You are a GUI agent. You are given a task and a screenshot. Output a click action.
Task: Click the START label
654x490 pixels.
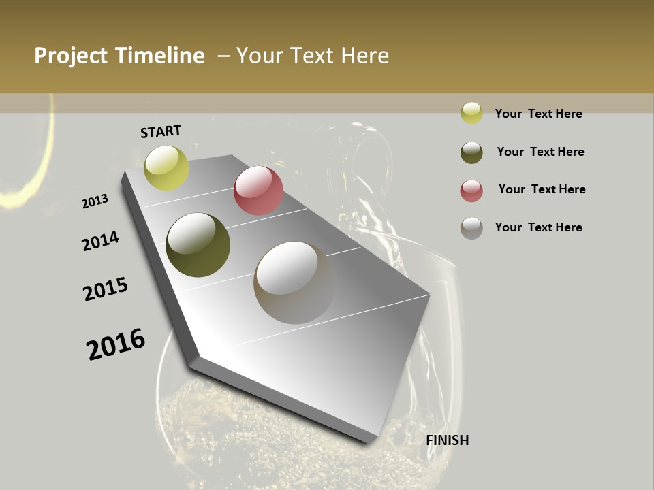tap(161, 131)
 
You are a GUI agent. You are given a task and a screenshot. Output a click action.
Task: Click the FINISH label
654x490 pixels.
tap(448, 440)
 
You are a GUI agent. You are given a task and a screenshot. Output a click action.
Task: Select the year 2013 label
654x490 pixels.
tap(95, 201)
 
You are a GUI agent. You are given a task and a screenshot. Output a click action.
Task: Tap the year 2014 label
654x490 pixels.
tap(101, 242)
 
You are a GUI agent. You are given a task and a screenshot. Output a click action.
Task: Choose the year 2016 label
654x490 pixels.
tap(116, 344)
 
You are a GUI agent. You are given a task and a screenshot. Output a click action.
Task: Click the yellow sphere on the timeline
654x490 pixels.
tap(166, 167)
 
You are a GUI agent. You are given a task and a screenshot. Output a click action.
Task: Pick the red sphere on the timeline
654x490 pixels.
tap(258, 191)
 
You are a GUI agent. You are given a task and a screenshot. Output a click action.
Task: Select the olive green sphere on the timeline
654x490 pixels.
tap(198, 245)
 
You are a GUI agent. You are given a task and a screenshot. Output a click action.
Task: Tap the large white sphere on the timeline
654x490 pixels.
tap(294, 282)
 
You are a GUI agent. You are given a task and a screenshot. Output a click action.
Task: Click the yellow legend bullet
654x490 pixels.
tap(471, 113)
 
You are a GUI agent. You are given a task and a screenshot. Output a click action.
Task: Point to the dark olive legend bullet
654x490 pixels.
tap(471, 152)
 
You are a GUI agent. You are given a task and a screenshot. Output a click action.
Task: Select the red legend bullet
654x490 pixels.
tap(471, 191)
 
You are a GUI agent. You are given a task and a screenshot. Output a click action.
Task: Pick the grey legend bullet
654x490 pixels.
tap(471, 228)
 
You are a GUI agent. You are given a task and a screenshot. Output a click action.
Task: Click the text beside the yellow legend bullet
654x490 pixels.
tap(538, 114)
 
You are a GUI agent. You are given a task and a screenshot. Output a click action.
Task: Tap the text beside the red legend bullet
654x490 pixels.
tap(542, 189)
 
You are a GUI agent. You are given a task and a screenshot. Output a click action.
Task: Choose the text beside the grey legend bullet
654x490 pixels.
tap(538, 227)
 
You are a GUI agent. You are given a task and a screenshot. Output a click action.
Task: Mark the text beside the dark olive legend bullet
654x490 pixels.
tap(540, 152)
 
